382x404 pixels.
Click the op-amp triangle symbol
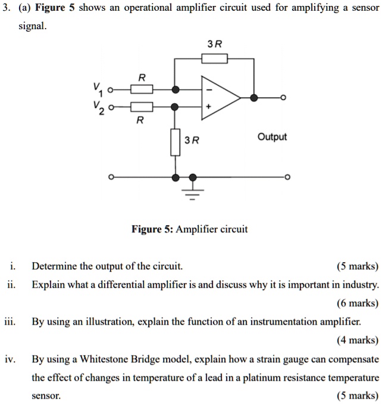click(219, 98)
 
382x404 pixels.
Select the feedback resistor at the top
click(214, 58)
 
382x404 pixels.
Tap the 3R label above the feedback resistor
click(214, 44)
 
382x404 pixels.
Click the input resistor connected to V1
click(142, 89)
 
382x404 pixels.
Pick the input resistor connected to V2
click(142, 107)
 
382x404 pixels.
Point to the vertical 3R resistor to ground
click(175, 142)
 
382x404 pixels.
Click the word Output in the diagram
click(272, 137)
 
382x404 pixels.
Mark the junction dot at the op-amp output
click(254, 98)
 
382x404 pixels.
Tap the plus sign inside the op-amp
click(208, 106)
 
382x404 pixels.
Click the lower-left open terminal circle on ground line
click(109, 178)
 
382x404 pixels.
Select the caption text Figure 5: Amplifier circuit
click(190, 229)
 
